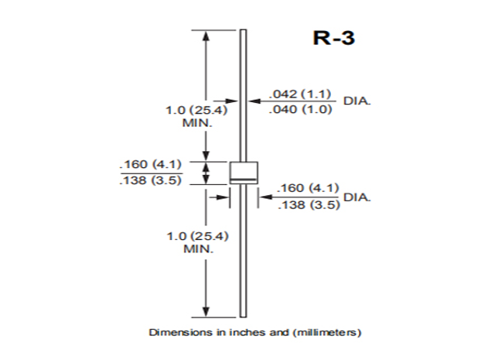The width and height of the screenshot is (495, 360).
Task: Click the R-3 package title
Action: click(x=333, y=38)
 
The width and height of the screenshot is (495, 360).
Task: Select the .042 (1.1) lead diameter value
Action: click(x=300, y=94)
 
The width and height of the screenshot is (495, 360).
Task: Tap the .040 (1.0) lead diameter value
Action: click(x=300, y=109)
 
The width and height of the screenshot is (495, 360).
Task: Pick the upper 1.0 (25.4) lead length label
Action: click(x=192, y=110)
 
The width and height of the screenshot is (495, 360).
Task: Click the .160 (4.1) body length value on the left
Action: click(x=150, y=164)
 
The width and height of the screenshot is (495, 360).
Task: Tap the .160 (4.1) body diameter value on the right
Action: click(x=309, y=189)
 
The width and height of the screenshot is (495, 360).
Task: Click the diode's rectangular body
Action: click(x=242, y=170)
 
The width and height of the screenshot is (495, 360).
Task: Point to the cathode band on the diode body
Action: click(x=242, y=181)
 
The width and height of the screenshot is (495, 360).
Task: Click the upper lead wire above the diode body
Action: click(x=242, y=93)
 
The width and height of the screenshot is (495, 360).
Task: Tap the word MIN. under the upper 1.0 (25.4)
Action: click(x=196, y=123)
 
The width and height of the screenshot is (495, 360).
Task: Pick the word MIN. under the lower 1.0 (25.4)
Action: click(x=196, y=249)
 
